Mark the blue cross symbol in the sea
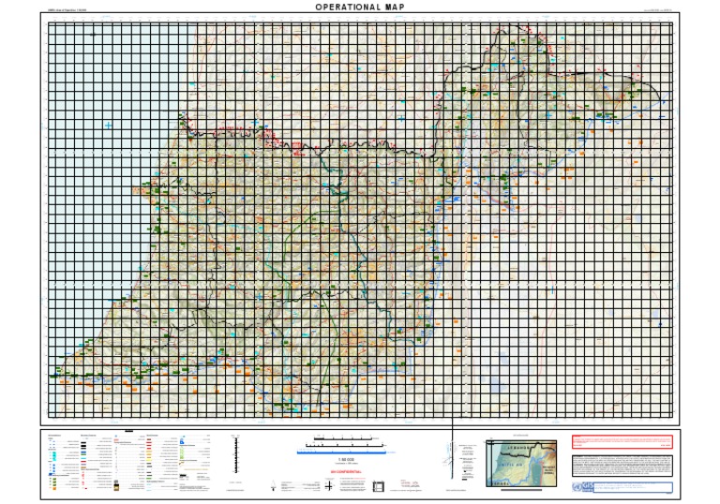click(x=109, y=124)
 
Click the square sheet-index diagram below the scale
click(x=379, y=485)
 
